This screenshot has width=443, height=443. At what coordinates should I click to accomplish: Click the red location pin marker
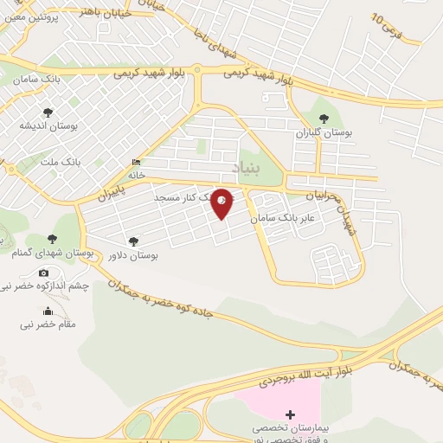(x=222, y=202)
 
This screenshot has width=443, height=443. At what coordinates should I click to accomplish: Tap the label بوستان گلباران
(x=322, y=134)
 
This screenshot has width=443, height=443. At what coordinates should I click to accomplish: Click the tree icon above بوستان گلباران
(x=324, y=119)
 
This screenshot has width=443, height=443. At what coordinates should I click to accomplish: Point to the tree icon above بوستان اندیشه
(x=48, y=112)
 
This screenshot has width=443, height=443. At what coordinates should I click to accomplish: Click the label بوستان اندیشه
(x=49, y=125)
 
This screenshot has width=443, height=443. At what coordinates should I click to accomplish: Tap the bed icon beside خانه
(x=137, y=162)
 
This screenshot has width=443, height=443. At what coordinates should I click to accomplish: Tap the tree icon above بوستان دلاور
(x=132, y=241)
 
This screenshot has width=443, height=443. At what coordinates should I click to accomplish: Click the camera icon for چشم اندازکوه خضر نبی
(x=44, y=273)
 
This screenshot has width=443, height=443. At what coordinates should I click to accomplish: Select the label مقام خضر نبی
(x=48, y=324)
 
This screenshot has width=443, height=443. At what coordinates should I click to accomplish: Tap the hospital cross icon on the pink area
(x=290, y=414)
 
